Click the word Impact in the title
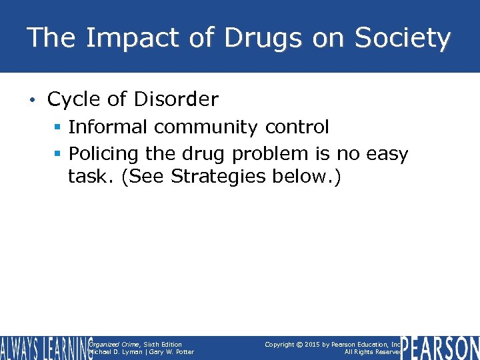coord(115,38)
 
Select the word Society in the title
coord(402,38)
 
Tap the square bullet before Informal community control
coord(58,127)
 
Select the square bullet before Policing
coord(58,154)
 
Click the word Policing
coord(104,154)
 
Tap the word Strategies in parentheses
coord(223,178)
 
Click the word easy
coord(387,154)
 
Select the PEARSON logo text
coord(439,347)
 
